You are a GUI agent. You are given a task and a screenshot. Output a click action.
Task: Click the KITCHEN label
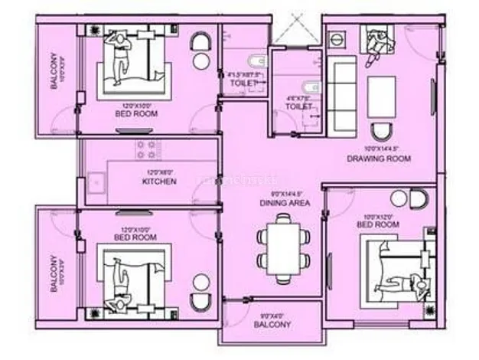coord(160,182)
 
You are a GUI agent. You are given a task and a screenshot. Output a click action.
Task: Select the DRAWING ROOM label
coord(378,159)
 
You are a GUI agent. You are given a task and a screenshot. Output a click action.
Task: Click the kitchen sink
coord(96,182)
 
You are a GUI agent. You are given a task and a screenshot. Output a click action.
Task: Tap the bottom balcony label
coord(272,325)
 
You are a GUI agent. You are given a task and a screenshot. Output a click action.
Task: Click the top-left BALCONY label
coord(54,71)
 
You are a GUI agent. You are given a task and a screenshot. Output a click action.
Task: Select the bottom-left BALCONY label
coord(54,274)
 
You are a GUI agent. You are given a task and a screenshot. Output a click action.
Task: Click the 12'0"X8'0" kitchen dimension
coord(160,173)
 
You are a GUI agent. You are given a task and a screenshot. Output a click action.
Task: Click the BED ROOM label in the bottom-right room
coord(378,225)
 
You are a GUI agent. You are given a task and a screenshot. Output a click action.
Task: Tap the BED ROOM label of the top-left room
coord(136,113)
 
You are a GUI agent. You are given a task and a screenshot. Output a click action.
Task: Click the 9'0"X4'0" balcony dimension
coord(272,315)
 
